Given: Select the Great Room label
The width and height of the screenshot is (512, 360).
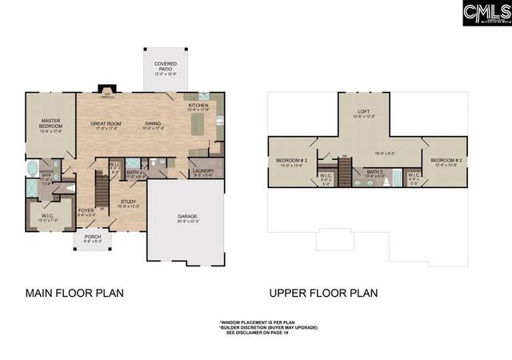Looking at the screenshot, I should tap(106, 124).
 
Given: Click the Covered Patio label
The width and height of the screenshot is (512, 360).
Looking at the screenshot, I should tap(166, 66).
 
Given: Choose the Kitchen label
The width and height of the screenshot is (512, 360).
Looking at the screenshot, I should tap(198, 107).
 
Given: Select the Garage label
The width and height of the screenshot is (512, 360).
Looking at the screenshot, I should tap(188, 218).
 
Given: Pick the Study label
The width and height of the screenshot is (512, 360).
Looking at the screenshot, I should tap(129, 203).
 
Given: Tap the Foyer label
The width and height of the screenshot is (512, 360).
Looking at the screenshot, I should tap(86, 212).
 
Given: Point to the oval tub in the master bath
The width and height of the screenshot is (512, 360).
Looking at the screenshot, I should tap(31, 169).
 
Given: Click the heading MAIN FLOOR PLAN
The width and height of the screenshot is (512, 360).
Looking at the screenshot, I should tap(74, 293).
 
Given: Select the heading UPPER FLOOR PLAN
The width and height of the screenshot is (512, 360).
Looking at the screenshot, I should tap(323, 293).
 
